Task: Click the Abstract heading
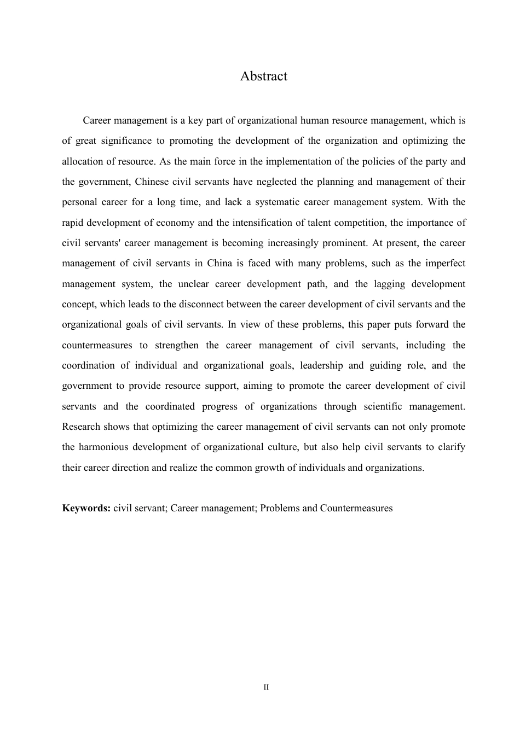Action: click(263, 76)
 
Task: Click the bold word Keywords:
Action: click(86, 508)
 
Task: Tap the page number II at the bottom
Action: click(266, 687)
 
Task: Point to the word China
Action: click(219, 263)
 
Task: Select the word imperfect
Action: click(443, 263)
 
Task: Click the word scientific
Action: click(382, 406)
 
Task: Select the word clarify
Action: click(452, 447)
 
